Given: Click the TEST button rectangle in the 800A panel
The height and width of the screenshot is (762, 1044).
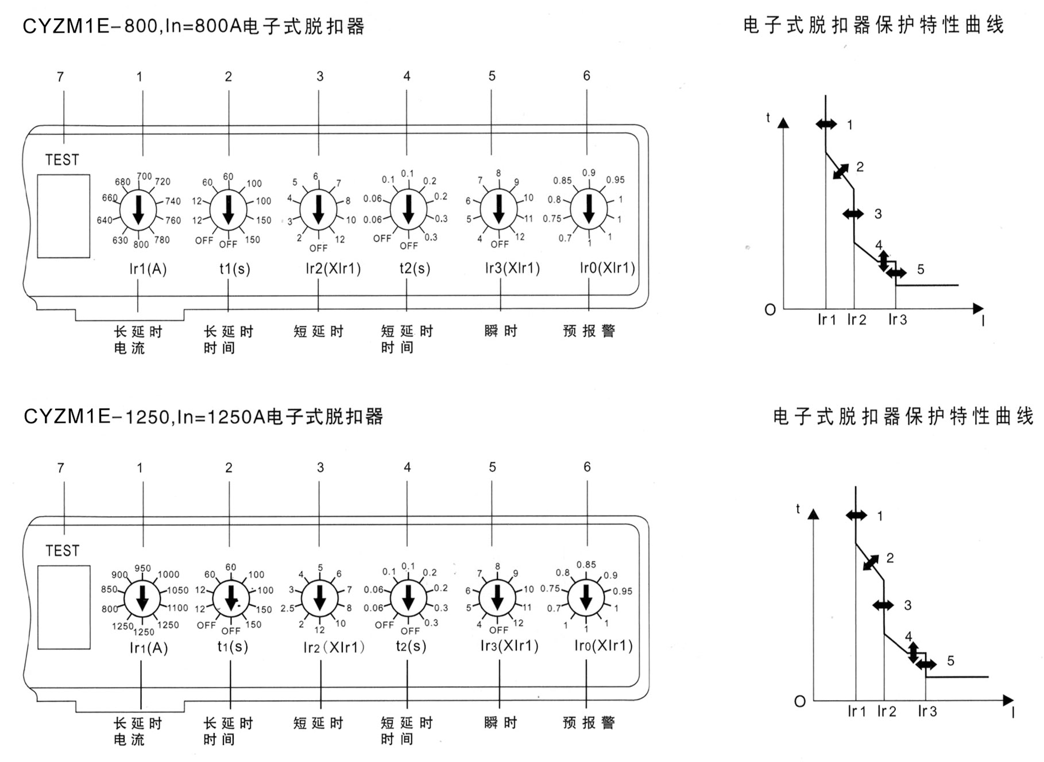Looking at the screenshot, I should (x=63, y=216).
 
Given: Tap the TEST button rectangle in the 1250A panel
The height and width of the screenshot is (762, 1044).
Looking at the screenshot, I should (x=64, y=607).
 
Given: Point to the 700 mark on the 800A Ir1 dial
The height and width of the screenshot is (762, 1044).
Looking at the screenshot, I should (x=144, y=177).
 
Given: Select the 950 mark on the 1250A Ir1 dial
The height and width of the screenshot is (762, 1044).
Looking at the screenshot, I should (x=142, y=569).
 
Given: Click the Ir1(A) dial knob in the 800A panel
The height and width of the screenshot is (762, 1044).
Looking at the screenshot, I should (x=138, y=209).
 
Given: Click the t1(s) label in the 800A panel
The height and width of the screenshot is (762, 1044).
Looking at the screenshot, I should (x=234, y=269).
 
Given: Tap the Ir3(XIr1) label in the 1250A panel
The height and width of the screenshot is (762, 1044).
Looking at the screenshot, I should (x=509, y=646).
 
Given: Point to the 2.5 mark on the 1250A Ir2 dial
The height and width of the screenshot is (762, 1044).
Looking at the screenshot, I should (x=288, y=608).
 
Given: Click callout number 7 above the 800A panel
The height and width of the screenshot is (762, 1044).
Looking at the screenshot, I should (x=60, y=76).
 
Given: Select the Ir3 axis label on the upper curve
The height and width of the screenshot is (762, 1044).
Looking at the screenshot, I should (x=897, y=320).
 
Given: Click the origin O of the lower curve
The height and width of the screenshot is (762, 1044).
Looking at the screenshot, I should (x=799, y=701).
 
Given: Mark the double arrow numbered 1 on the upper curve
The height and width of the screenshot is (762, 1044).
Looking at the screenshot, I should (x=826, y=124).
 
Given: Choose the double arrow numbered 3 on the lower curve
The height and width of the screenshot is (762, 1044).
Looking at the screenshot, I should (x=883, y=605).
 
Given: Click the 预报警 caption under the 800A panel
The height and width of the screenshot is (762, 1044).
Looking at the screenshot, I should (x=589, y=331).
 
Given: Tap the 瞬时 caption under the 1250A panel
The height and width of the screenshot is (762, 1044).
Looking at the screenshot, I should (x=501, y=722).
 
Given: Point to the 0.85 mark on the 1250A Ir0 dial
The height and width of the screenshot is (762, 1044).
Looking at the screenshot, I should (x=586, y=565).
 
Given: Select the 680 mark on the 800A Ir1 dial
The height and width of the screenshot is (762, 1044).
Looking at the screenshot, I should (x=122, y=182).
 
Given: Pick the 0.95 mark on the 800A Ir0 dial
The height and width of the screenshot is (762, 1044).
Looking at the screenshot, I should (x=615, y=180).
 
